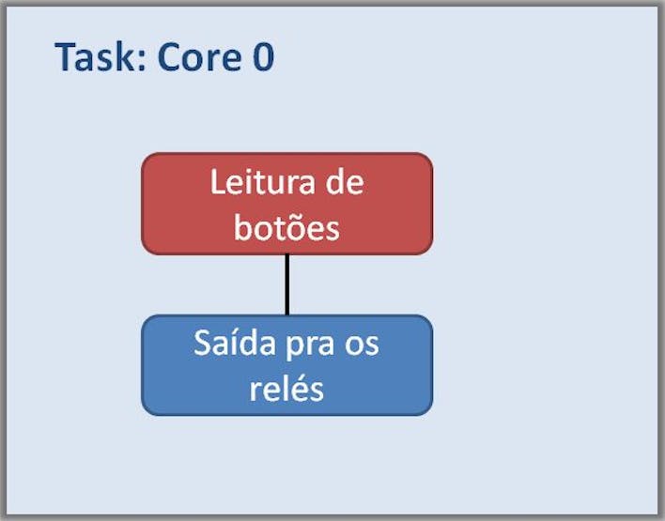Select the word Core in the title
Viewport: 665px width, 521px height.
(x=199, y=57)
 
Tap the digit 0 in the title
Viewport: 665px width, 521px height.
(x=263, y=57)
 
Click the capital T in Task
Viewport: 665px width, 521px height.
(x=66, y=57)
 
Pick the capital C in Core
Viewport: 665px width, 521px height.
(x=168, y=57)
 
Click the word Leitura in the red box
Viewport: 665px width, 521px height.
(x=262, y=182)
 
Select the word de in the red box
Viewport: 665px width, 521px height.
(x=345, y=182)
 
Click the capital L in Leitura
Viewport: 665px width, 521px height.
(x=218, y=182)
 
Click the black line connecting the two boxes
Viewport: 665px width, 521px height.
(x=287, y=284)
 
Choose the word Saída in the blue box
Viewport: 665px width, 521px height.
(x=235, y=343)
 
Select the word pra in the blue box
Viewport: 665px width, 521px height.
(x=310, y=346)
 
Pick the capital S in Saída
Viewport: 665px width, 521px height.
(x=202, y=343)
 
